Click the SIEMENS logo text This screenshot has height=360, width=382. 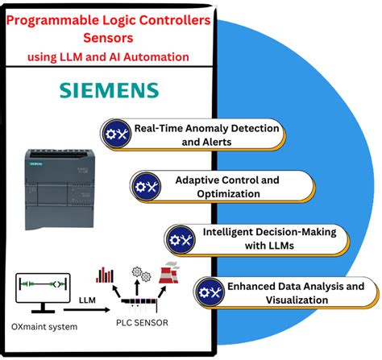coord(109,89)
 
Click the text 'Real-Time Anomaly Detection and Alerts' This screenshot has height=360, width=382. coord(206,134)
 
